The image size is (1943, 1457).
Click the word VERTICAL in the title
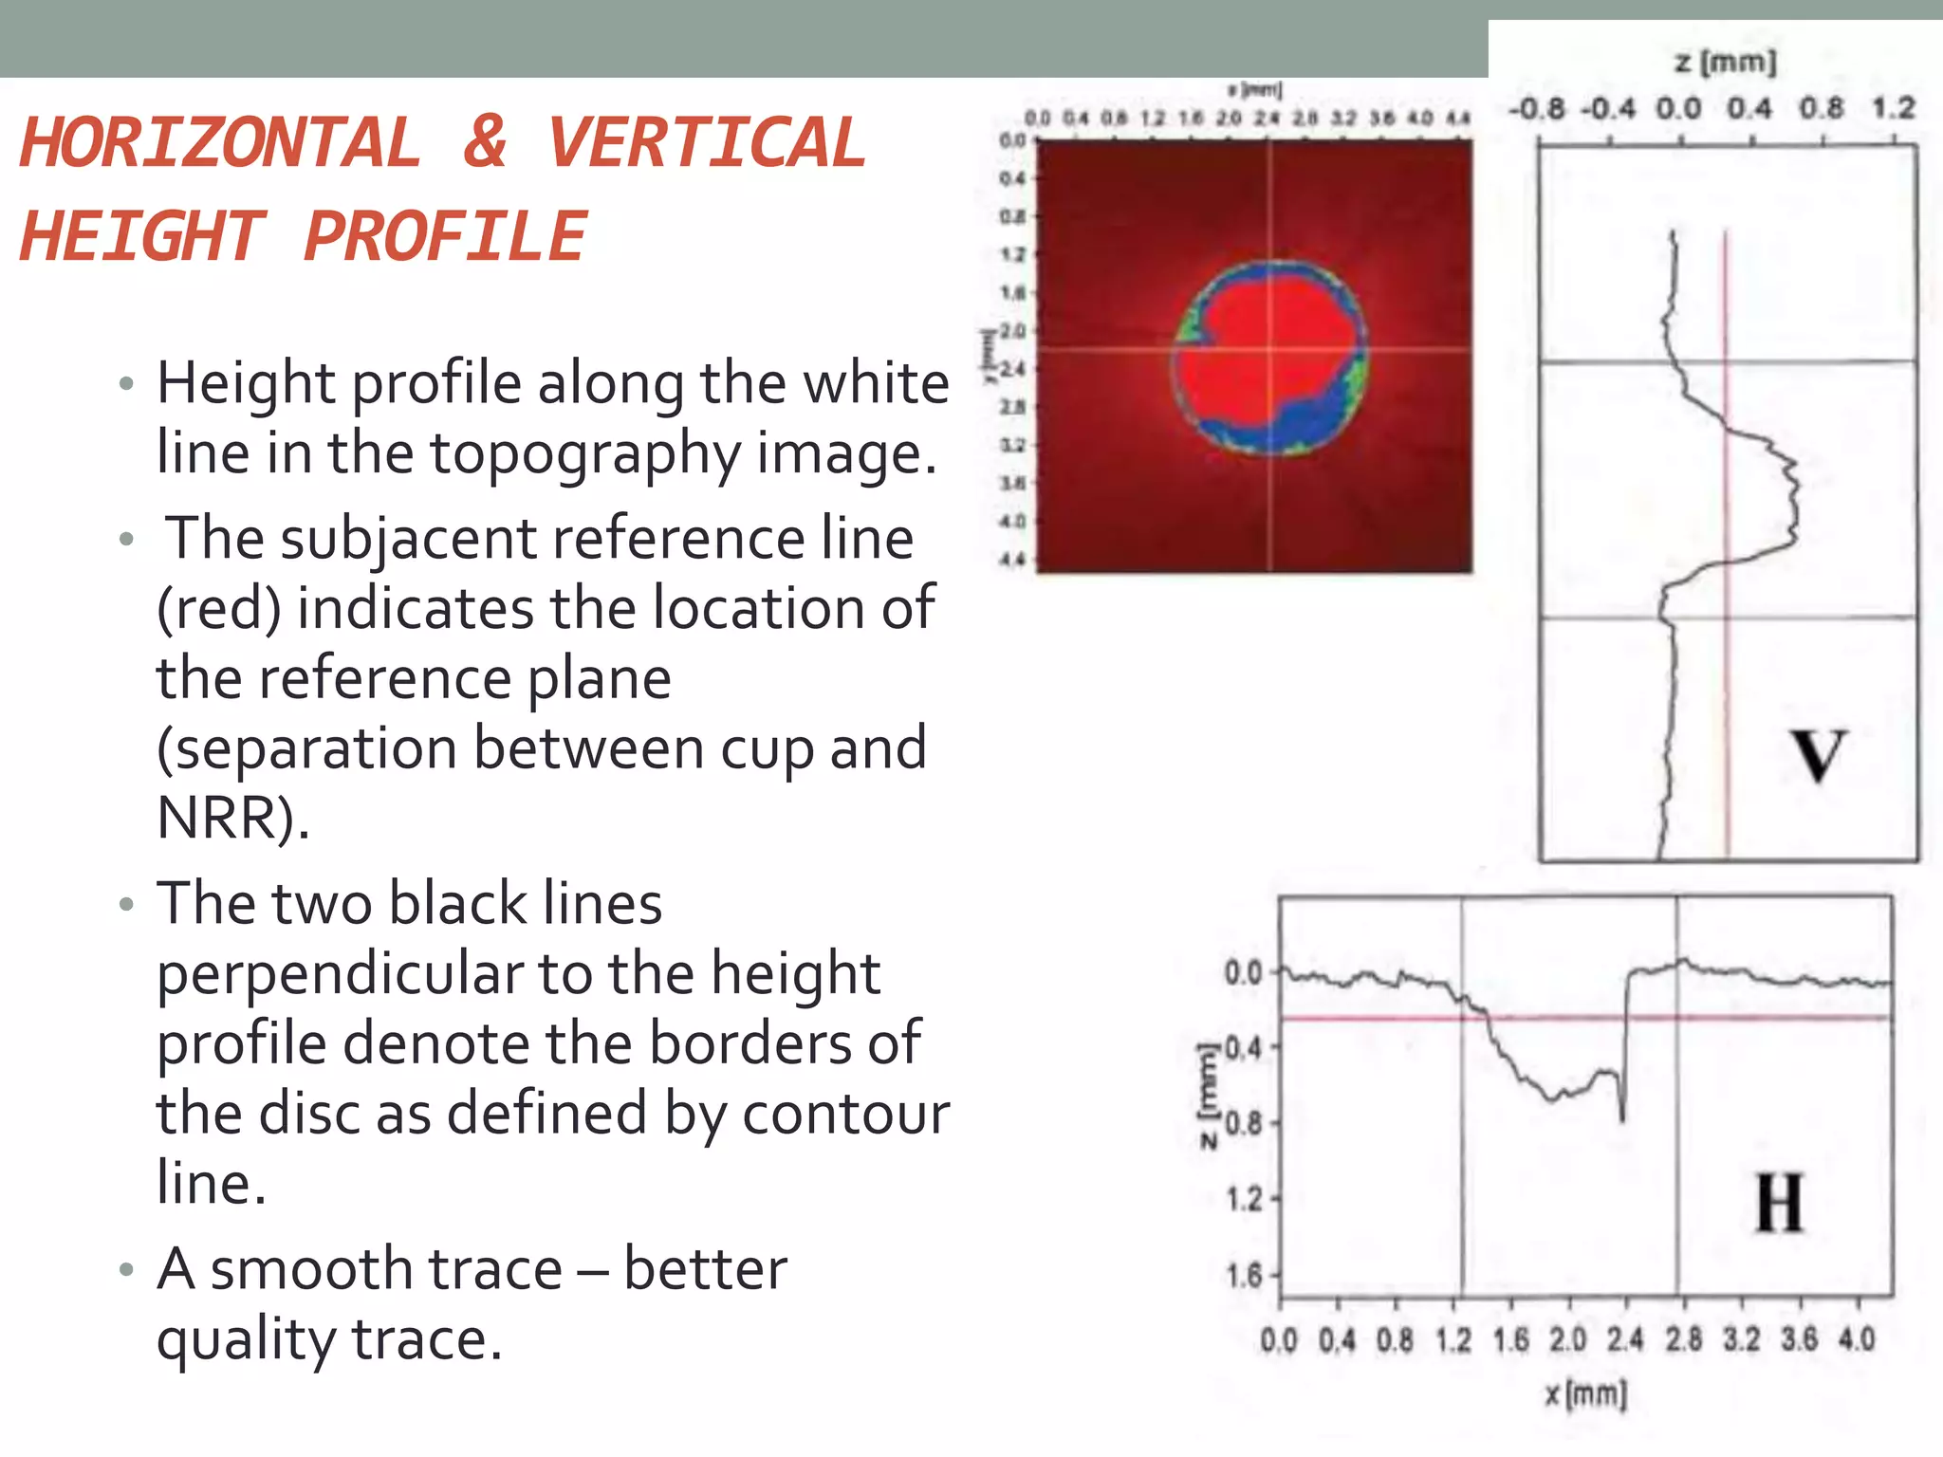point(707,142)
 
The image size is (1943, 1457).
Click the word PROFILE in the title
point(445,236)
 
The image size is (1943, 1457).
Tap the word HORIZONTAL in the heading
point(220,142)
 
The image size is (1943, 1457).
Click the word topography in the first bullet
point(583,452)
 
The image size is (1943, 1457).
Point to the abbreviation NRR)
point(233,817)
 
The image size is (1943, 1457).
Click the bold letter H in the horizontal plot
point(1779,1203)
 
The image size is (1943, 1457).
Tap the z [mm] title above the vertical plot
point(1726,63)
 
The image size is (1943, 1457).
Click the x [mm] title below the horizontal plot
point(1585,1394)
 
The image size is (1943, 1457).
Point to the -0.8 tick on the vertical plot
point(1537,108)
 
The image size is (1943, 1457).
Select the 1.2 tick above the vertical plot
point(1894,108)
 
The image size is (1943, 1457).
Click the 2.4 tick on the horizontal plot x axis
point(1625,1339)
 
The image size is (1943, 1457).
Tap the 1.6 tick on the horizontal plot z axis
point(1245,1275)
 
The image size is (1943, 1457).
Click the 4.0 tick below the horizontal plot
point(1857,1339)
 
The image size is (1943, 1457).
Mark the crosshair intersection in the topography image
point(1270,350)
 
